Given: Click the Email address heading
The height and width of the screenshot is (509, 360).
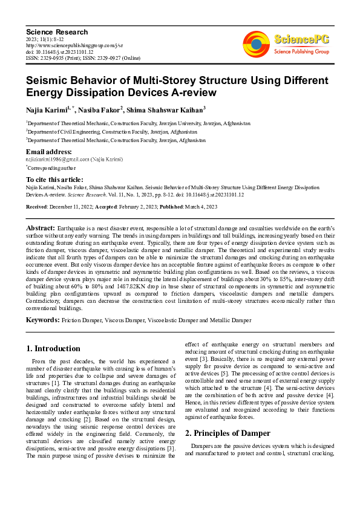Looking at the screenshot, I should tap(49, 151).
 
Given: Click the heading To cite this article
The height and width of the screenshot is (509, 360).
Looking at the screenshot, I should tap(54, 180).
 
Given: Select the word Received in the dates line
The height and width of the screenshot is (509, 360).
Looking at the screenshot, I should tap(38, 206).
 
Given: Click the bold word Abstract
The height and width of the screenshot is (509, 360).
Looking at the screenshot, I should tap(41, 227).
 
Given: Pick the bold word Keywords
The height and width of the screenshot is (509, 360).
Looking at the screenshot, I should tap(43, 319).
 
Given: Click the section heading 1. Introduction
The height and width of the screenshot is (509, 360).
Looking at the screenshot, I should tap(53, 349).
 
